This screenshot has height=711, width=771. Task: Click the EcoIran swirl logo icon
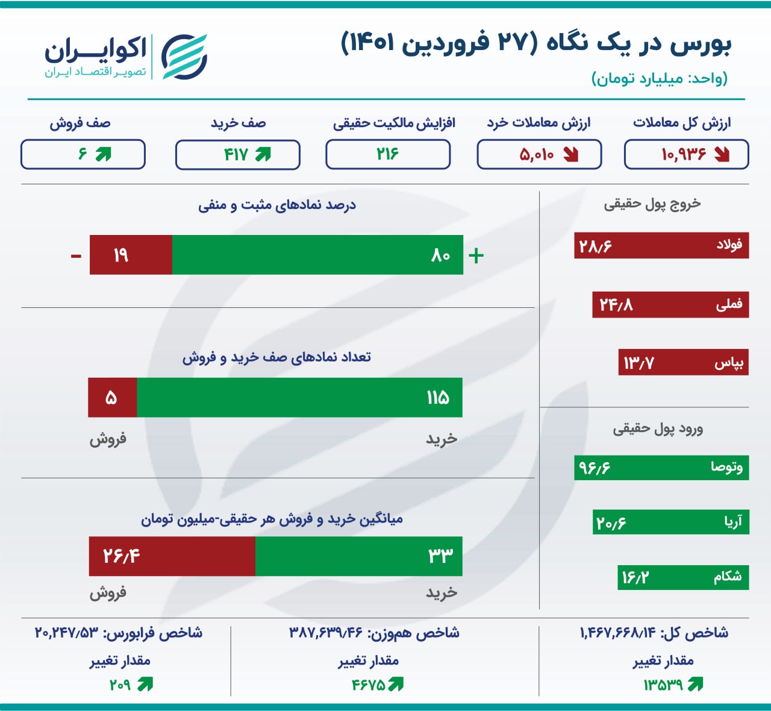[x=184, y=57]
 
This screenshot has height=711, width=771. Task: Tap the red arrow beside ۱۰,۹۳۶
[x=722, y=155]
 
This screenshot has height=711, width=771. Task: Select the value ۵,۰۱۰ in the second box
[x=537, y=155]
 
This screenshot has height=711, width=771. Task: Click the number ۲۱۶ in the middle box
[x=387, y=154]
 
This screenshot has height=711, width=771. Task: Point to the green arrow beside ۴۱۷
[x=263, y=154]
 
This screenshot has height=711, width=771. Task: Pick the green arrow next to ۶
[x=104, y=154]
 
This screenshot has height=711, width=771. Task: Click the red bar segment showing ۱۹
[x=131, y=255]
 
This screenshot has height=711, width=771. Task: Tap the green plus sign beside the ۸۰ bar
[x=476, y=255]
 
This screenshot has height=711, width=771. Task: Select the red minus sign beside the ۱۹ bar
[x=76, y=255]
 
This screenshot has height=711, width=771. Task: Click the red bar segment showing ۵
[x=113, y=398]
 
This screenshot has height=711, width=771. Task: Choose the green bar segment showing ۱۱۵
[x=300, y=398]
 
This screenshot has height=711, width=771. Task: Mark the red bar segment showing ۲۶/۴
[x=172, y=556]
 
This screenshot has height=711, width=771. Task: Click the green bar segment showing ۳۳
[x=359, y=556]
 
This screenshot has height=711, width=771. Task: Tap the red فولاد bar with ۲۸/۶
[x=661, y=245]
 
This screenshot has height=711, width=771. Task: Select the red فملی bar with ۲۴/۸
[x=670, y=305]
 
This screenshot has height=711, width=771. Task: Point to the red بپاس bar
[x=684, y=362]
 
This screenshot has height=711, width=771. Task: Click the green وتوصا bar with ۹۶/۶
[x=661, y=468]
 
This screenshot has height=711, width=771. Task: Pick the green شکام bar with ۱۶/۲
[x=683, y=577]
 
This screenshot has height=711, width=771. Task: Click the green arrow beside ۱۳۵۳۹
[x=695, y=684]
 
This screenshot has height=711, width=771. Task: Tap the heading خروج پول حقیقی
[x=652, y=204]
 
